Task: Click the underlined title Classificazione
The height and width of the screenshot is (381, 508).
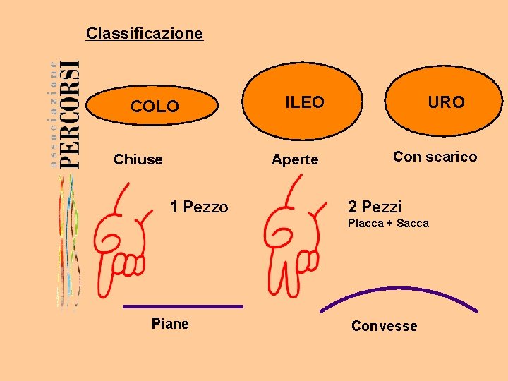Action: [144, 33]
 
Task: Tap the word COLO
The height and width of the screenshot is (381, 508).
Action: [155, 107]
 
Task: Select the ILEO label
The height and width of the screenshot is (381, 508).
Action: [304, 102]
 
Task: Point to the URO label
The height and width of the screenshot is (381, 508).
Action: [446, 102]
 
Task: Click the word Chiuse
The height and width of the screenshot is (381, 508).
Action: [138, 159]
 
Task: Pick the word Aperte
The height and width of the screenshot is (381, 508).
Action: [295, 159]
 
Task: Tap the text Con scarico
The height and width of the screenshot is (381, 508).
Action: [435, 157]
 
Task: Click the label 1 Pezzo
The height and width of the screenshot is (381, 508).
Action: [199, 207]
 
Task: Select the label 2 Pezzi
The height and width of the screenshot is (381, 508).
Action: [374, 207]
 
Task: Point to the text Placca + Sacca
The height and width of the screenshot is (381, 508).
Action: [388, 224]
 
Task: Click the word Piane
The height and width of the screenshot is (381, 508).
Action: [170, 324]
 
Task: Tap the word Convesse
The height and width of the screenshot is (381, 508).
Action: [384, 326]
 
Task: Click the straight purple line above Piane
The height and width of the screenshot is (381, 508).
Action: [183, 306]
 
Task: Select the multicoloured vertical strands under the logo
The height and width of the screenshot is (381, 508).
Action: [68, 240]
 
